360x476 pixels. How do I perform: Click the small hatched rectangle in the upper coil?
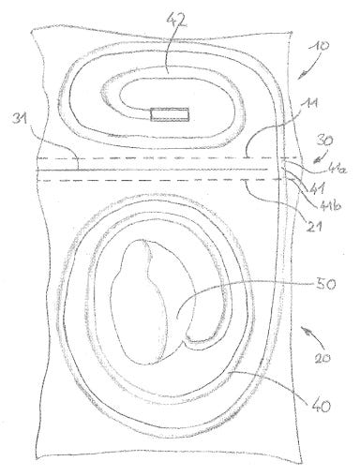[170, 115]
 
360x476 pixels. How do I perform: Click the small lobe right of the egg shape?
[204, 314]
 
